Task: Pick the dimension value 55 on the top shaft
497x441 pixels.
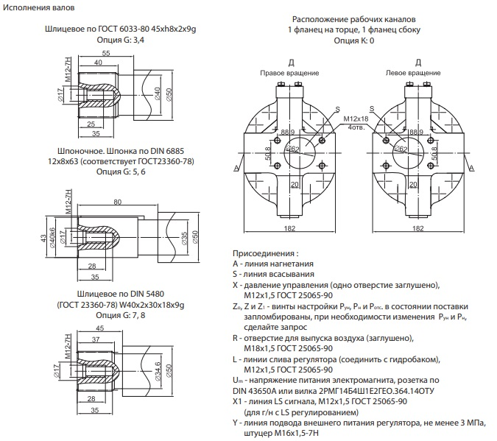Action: tap(106, 54)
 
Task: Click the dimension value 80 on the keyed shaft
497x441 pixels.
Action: tap(118, 202)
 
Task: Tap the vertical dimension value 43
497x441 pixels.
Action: tap(43, 241)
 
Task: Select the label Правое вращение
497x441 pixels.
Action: tap(283, 74)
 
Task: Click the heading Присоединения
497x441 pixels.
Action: tap(267, 253)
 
